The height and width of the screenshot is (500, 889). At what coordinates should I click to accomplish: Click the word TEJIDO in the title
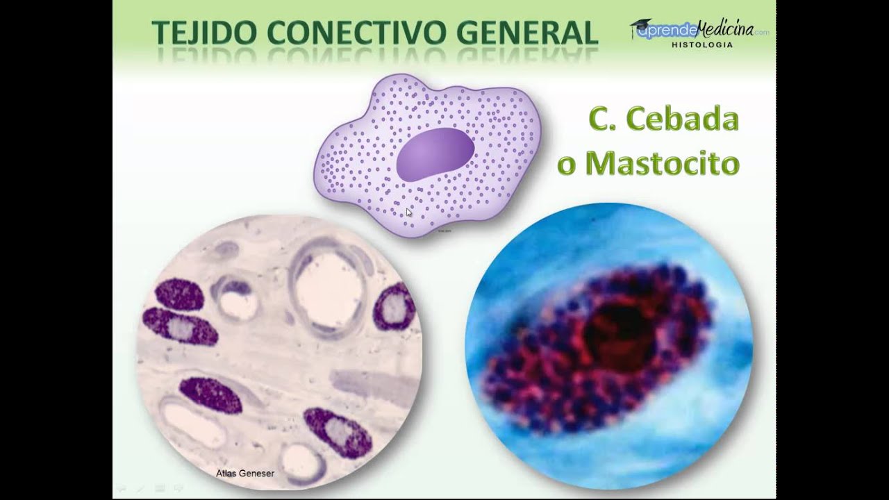[195, 33]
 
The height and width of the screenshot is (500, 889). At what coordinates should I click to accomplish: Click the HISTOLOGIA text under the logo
[701, 44]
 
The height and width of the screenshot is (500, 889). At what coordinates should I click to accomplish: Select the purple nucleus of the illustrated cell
[435, 154]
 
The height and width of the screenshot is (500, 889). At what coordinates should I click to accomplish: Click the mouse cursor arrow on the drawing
[409, 212]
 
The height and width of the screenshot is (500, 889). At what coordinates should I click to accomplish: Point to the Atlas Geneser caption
[244, 474]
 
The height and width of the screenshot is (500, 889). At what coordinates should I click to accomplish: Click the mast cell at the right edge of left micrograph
[394, 307]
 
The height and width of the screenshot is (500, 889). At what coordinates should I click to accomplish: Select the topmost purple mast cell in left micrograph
[179, 294]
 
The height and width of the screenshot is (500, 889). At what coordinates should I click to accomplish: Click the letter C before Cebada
[598, 119]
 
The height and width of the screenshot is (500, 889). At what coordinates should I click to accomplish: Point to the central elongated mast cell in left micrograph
[210, 396]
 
